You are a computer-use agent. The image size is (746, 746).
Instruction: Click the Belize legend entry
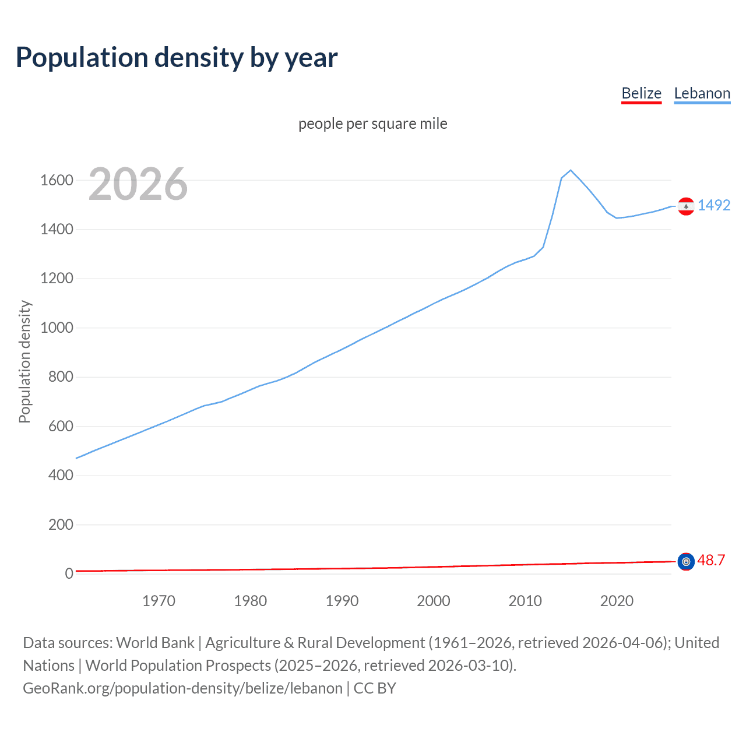(x=641, y=93)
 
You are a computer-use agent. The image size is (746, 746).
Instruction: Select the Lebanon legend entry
(x=702, y=93)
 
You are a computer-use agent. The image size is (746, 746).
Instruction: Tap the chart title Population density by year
(x=177, y=58)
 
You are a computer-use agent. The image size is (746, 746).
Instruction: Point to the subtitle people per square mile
(x=372, y=124)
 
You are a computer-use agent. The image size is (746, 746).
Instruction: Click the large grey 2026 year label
(x=138, y=184)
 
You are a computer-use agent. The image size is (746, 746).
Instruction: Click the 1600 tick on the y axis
(x=57, y=180)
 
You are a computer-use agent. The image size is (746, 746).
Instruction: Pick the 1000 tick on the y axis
(x=57, y=328)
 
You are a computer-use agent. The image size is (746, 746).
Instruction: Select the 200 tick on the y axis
(x=61, y=525)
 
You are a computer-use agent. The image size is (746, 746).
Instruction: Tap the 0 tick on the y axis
(x=69, y=573)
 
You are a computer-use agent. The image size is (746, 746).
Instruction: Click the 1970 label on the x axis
(x=159, y=601)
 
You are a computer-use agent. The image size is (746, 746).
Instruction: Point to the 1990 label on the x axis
(x=342, y=601)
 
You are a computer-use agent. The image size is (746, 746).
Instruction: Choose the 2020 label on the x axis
(x=617, y=601)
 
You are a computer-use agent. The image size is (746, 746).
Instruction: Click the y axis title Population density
(x=24, y=361)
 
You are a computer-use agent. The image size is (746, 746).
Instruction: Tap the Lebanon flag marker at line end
(x=686, y=206)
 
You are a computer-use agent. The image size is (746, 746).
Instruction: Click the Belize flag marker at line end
(x=686, y=561)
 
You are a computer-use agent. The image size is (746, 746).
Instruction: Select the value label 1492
(x=713, y=205)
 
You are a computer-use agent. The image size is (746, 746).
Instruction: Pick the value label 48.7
(x=711, y=560)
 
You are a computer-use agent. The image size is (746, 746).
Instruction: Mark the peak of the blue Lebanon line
(x=571, y=170)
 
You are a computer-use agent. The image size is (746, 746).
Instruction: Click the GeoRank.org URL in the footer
(x=182, y=688)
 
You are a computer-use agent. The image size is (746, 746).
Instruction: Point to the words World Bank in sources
(x=155, y=642)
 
